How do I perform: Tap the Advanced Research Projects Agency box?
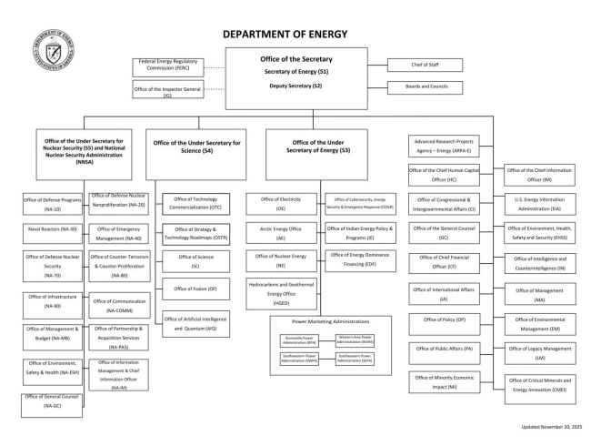pos(444,145)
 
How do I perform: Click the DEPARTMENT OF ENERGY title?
pos(285,34)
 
